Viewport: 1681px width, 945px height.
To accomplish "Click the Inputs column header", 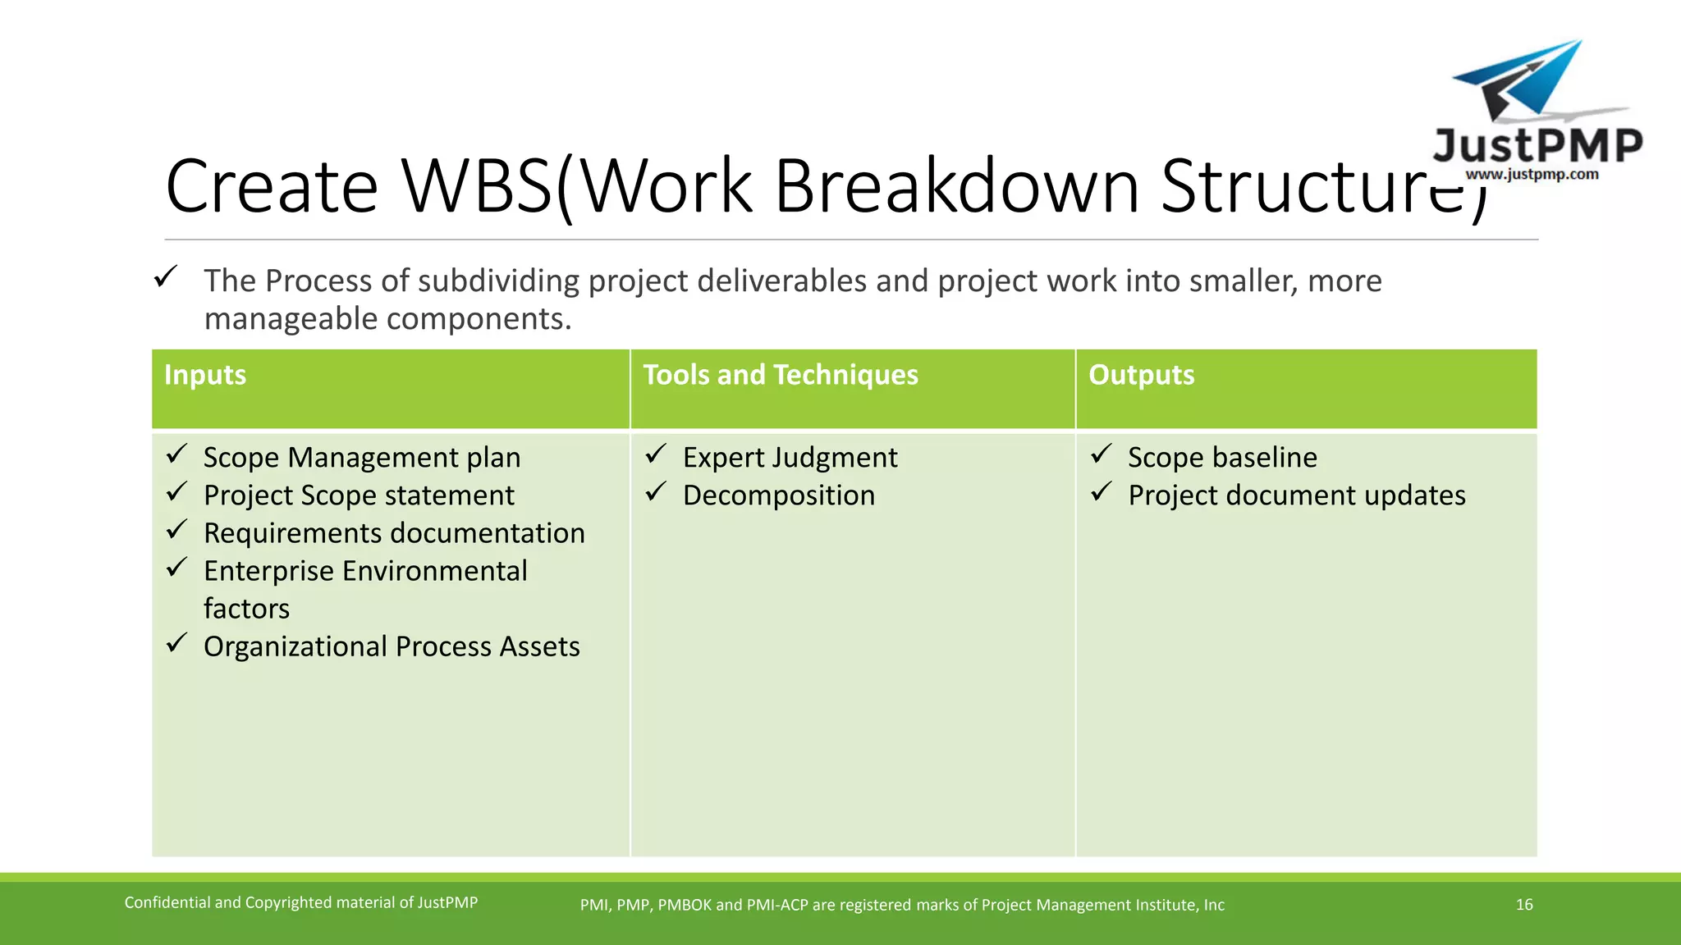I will [x=205, y=375].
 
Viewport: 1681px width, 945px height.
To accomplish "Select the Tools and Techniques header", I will [x=780, y=375].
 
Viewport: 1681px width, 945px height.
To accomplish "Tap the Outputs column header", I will [x=1141, y=375].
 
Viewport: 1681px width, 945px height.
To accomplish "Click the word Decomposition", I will [x=778, y=495].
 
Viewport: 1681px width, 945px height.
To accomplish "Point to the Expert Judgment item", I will [x=790, y=458].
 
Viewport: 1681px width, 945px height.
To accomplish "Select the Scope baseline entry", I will [x=1221, y=458].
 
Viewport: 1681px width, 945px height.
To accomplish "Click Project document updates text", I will [x=1296, y=495].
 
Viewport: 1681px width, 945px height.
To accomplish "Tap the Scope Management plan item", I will [x=361, y=458].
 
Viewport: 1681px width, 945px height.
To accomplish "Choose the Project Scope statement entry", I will [x=359, y=495].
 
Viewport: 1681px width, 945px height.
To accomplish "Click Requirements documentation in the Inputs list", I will [x=394, y=533].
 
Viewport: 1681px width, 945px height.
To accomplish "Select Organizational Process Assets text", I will [x=392, y=647].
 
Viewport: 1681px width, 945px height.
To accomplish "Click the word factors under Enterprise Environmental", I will [x=246, y=609].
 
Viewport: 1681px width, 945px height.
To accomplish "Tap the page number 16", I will [x=1524, y=905].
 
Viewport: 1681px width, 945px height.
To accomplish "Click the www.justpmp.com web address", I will [x=1532, y=174].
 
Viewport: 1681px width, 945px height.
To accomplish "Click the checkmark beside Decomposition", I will [x=655, y=491].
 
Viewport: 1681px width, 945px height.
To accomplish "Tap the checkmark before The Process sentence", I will [x=166, y=276].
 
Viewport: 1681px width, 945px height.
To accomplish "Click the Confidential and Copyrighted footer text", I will [x=300, y=903].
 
